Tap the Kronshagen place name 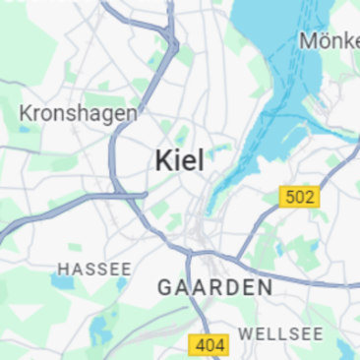(x=78, y=113)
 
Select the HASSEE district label (x=94, y=269)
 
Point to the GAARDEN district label (x=214, y=287)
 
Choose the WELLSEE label (x=280, y=333)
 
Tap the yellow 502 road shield (x=299, y=198)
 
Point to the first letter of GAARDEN (x=164, y=287)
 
